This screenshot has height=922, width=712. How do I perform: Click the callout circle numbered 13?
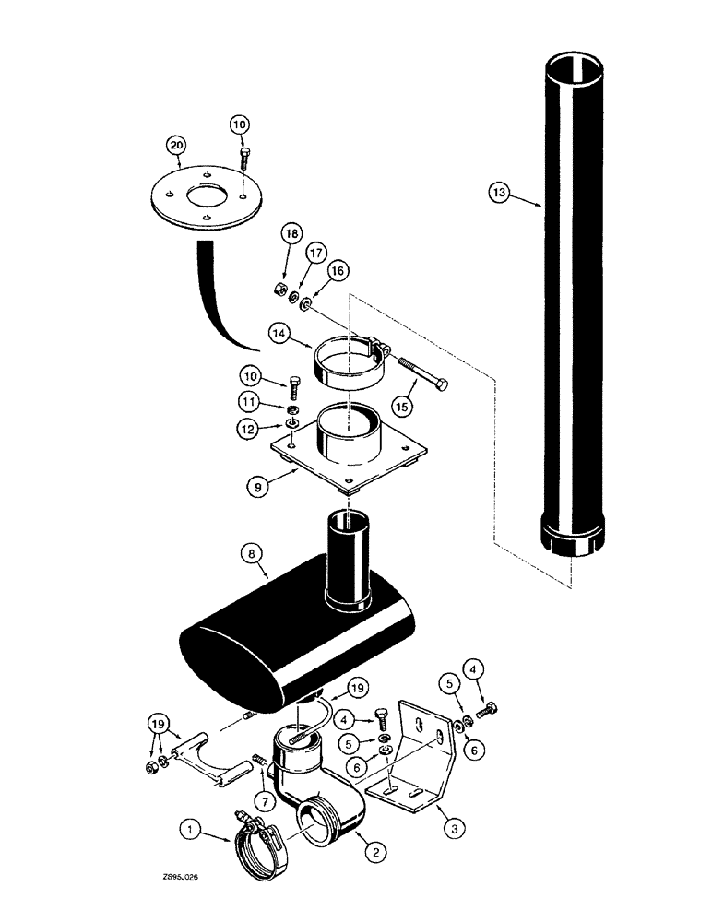tap(498, 192)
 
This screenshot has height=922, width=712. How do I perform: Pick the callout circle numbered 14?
tap(279, 332)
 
